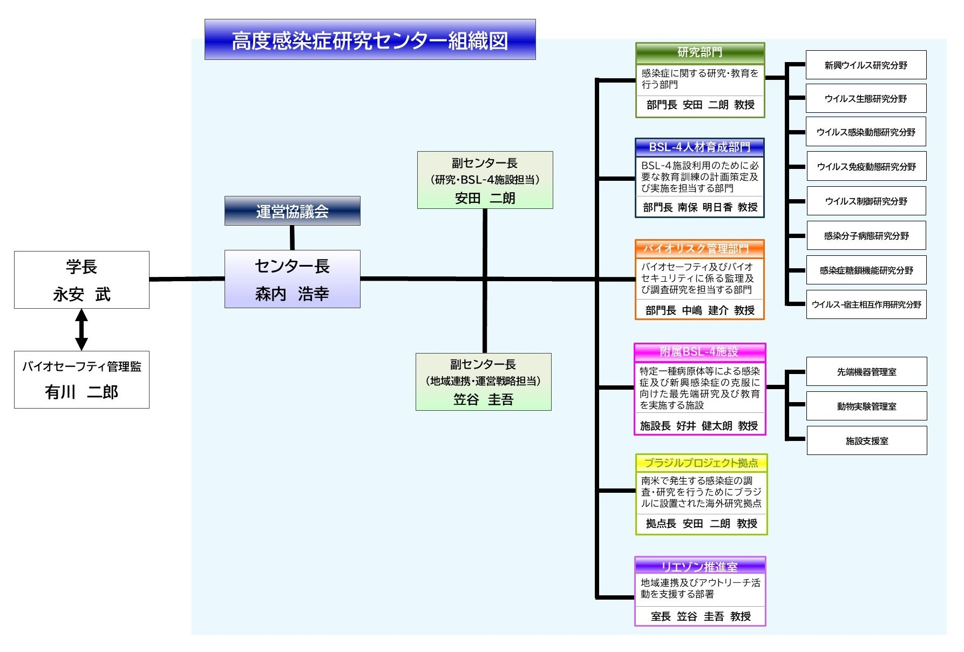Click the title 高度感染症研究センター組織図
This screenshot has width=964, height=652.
(370, 40)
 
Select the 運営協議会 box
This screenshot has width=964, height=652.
(293, 211)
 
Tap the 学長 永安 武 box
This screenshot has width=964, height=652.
(82, 280)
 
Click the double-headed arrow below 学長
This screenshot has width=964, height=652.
(82, 330)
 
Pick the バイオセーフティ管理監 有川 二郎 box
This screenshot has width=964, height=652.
(82, 379)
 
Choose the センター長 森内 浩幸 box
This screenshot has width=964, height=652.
(293, 279)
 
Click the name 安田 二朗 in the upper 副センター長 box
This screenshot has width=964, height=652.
(485, 198)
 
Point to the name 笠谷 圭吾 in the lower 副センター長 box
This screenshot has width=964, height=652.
(483, 399)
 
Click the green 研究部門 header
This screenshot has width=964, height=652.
(700, 53)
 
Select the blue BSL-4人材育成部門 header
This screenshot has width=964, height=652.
(700, 147)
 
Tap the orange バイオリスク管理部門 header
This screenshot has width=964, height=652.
(700, 249)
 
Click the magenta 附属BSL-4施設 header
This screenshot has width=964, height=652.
(700, 352)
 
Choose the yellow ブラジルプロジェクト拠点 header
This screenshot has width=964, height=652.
(701, 463)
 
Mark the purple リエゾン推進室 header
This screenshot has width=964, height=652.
(700, 566)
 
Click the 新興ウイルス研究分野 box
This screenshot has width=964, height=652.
(866, 65)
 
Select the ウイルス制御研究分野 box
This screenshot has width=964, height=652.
(866, 201)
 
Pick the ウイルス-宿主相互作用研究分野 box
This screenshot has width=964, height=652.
(866, 304)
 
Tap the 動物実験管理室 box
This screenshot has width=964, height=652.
(866, 406)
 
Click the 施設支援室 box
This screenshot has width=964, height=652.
(867, 441)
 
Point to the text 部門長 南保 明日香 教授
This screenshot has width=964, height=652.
(700, 207)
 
